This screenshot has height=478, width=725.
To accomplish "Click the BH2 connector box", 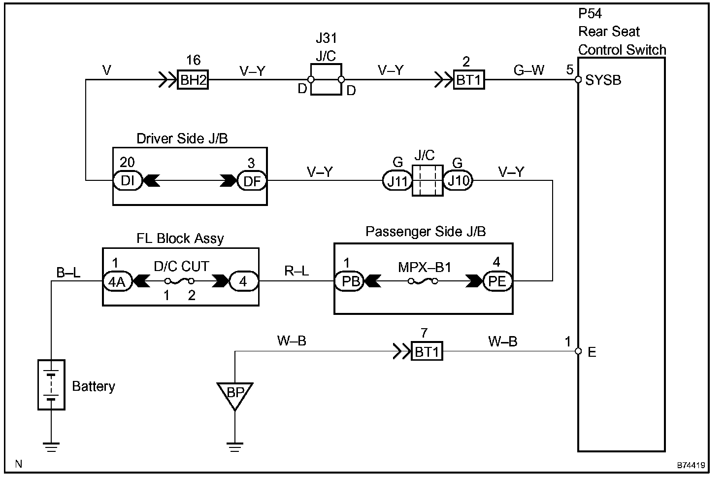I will coord(193,80).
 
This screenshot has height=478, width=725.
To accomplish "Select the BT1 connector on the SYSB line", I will coord(468,80).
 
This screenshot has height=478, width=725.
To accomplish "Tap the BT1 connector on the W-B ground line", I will coord(427,352).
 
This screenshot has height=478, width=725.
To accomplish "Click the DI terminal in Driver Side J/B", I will coord(128,181).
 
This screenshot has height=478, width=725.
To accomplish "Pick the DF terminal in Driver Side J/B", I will coord(252,181).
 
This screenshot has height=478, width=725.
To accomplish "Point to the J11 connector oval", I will coord(397,181).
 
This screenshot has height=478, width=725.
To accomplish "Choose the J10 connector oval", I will coord(458,181).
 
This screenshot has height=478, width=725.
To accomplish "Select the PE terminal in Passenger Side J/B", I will coord(497,281).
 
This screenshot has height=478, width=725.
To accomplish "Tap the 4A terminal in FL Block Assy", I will coord(117,281).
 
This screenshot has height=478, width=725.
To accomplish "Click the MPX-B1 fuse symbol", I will coord(423,281).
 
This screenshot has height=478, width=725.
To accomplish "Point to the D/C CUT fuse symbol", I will coord(180,281).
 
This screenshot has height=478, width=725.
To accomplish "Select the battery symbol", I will coord(51,384).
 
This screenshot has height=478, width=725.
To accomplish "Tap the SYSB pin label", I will coord(603,80).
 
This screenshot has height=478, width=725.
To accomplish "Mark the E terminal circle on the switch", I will coord(579,351).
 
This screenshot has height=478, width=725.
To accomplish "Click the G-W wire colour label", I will coord(528,70).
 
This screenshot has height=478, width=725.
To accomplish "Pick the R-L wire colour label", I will coord(297,271).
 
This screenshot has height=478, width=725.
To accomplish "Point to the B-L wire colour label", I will coord(68,272).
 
